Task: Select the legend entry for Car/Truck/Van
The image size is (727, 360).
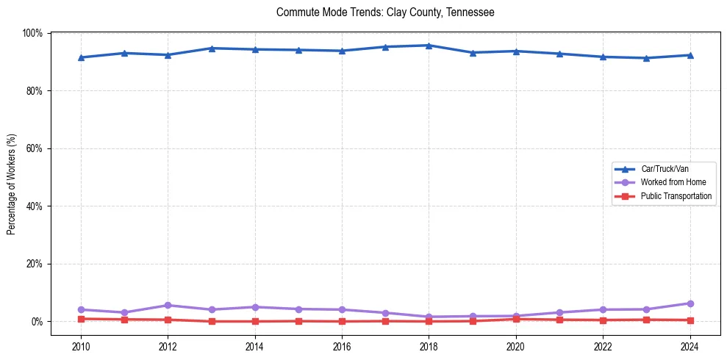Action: click(665, 169)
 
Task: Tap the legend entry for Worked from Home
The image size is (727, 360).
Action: click(673, 182)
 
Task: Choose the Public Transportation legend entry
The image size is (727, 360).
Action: click(676, 196)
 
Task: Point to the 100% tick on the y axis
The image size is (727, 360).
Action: click(33, 33)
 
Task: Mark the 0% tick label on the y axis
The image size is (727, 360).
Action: click(37, 322)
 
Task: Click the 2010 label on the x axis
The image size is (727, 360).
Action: click(81, 345)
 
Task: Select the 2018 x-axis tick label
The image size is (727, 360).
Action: click(429, 345)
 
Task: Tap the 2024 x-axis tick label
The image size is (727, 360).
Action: click(690, 345)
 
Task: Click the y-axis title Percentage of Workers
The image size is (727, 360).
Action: click(12, 184)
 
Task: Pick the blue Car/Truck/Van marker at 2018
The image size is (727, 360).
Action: click(429, 46)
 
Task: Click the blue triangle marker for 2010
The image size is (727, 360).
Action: click(81, 57)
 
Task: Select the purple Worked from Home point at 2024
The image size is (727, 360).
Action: click(690, 303)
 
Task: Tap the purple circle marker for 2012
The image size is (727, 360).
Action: click(168, 305)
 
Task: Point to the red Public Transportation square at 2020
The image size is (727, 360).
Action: click(516, 319)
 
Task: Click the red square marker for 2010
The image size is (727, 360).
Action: click(81, 319)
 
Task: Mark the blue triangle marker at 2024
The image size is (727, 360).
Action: click(690, 55)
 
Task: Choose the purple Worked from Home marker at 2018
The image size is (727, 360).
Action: click(429, 317)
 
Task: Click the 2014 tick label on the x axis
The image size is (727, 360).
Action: click(254, 345)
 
